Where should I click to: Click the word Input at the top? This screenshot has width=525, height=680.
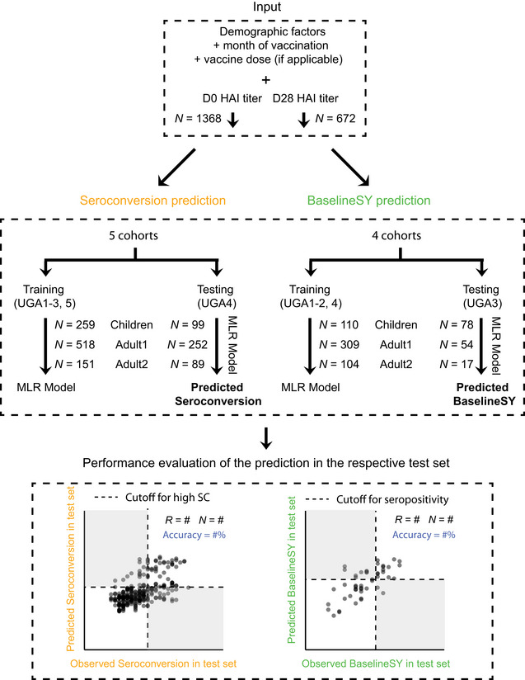261,10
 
